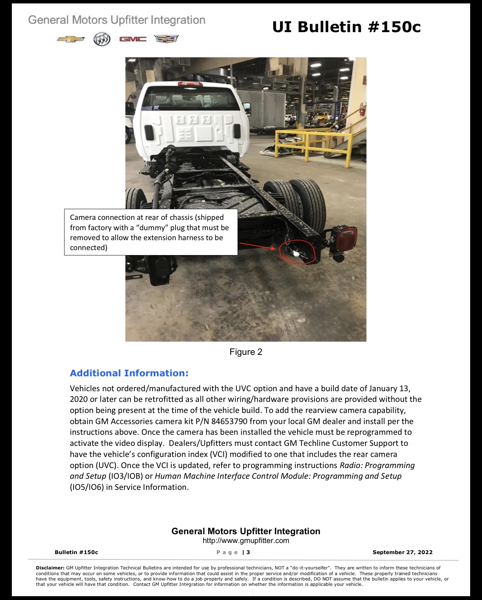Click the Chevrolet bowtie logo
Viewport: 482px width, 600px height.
pos(70,39)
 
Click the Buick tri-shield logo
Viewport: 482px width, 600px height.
pos(102,39)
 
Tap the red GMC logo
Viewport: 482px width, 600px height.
pos(133,39)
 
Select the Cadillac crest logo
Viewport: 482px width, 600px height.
pos(166,39)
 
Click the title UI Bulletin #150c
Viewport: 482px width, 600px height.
pos(347,27)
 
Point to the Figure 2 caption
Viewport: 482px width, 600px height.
pos(246,352)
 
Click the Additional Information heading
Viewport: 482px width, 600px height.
pos(129,373)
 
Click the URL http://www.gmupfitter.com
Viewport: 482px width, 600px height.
pos(246,541)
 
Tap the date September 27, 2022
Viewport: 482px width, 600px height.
pos(402,552)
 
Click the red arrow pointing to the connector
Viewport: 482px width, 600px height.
pos(257,246)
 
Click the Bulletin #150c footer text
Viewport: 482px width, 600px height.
pos(77,552)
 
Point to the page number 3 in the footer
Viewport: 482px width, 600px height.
pos(248,552)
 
